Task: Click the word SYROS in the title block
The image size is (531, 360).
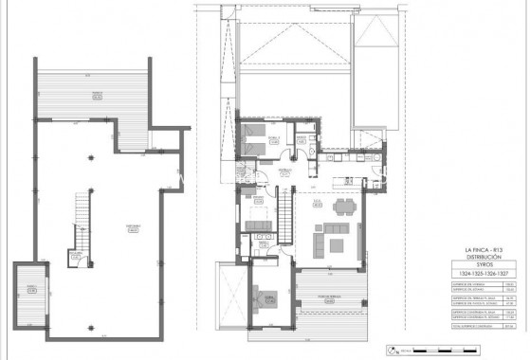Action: (480, 267)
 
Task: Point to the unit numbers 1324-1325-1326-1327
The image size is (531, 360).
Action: (480, 276)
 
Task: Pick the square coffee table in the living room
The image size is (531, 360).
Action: (337, 243)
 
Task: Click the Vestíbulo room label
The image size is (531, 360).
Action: (284, 171)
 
